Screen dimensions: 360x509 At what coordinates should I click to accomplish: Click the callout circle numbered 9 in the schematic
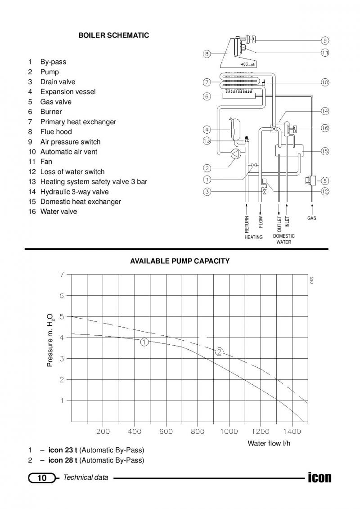pyautogui.click(x=325, y=41)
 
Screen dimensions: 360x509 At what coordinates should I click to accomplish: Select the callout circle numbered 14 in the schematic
pyautogui.click(x=325, y=111)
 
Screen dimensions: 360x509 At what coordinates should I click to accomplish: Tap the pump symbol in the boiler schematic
pyautogui.click(x=235, y=154)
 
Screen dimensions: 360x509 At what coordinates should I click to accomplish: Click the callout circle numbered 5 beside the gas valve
pyautogui.click(x=325, y=181)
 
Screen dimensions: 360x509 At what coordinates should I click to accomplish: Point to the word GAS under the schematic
pyautogui.click(x=312, y=218)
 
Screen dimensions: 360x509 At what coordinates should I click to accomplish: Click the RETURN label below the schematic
pyautogui.click(x=247, y=224)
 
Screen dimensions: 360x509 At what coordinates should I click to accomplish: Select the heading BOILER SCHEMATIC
pyautogui.click(x=113, y=36)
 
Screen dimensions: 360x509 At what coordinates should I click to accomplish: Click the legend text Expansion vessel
pyautogui.click(x=68, y=91)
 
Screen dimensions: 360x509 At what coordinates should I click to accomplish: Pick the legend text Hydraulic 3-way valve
pyautogui.click(x=74, y=192)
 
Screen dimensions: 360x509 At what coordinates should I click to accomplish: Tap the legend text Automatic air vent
pyautogui.click(x=68, y=152)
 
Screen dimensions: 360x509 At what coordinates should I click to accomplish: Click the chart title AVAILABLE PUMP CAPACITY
pyautogui.click(x=180, y=261)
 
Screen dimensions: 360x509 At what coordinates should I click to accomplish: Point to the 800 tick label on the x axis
pyautogui.click(x=198, y=432)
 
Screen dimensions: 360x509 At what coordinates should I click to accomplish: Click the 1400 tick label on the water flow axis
pyautogui.click(x=292, y=432)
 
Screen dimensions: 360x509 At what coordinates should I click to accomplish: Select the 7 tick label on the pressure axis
pyautogui.click(x=62, y=275)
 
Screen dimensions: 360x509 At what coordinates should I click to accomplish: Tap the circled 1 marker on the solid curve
pyautogui.click(x=145, y=342)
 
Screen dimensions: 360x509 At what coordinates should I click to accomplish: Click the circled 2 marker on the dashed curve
pyautogui.click(x=220, y=351)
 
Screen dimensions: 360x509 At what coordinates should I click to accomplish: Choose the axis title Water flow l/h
pyautogui.click(x=269, y=443)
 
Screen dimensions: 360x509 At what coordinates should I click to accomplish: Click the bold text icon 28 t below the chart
pyautogui.click(x=63, y=460)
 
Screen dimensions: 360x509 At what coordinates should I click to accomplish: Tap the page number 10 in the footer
pyautogui.click(x=42, y=478)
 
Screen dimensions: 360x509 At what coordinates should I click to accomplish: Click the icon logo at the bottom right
pyautogui.click(x=320, y=477)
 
